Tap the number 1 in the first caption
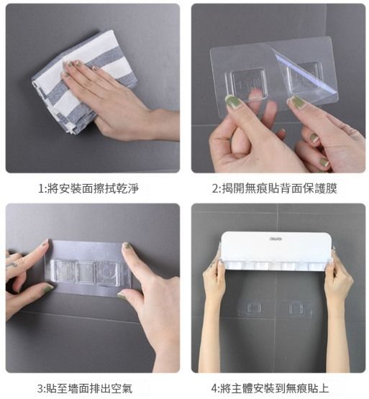coord(41,189)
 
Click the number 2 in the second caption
coord(215,189)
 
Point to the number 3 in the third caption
coord(41,388)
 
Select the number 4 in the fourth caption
coord(214,388)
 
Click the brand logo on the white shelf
coord(275,239)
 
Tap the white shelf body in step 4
coord(276,251)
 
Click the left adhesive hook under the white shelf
coord(250,308)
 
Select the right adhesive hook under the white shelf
coord(297,308)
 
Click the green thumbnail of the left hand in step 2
coord(233,102)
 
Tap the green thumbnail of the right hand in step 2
coord(296,102)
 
